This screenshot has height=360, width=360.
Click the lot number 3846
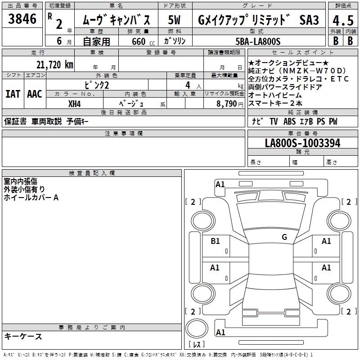[22, 18]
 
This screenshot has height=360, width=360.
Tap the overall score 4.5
[343, 20]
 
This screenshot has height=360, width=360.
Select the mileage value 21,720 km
[55, 65]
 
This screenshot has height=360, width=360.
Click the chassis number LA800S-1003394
[302, 143]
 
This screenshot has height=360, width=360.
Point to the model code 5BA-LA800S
[258, 41]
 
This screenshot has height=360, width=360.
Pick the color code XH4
[74, 104]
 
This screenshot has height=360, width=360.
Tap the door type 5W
[174, 20]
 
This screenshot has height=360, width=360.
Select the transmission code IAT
[13, 94]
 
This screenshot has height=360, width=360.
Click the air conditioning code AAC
[35, 94]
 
